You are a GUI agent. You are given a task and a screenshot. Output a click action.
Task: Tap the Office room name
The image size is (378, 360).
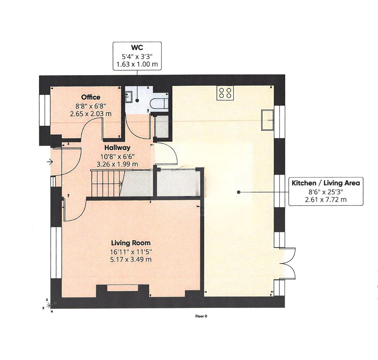tap(91, 97)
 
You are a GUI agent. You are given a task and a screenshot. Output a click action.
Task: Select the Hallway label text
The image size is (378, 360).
tap(117, 148)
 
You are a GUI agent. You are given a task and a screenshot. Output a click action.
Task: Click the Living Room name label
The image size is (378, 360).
tap(131, 243)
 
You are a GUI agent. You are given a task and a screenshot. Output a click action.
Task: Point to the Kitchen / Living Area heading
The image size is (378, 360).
tap(325, 183)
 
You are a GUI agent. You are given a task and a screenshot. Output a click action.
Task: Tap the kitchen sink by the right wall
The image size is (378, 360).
tap(267, 120)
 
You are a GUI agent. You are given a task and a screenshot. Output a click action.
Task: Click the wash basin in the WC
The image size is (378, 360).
tap(130, 97)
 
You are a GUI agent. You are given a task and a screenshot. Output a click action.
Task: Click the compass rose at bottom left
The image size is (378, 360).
tap(49, 305)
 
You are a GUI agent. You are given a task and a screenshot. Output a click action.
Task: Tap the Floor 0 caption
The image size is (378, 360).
tap(201, 316)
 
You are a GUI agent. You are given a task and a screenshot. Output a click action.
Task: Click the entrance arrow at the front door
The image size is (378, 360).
tap(50, 162)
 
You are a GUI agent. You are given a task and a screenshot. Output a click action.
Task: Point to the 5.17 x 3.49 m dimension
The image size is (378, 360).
tap(131, 259)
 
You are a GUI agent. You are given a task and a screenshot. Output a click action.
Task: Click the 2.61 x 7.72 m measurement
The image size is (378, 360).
tap(325, 200)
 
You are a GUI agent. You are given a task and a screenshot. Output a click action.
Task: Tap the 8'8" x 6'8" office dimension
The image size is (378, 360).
tap(91, 106)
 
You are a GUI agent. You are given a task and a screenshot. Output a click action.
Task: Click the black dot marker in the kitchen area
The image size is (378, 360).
tap(238, 192)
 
